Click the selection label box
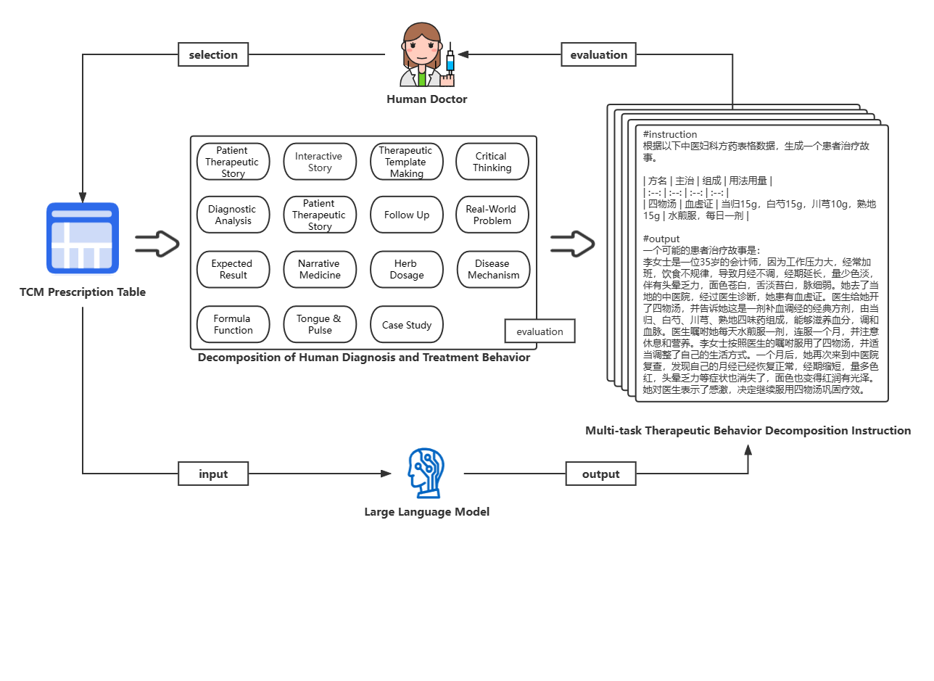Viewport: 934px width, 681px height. pyautogui.click(x=213, y=54)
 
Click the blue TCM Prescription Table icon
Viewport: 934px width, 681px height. pyautogui.click(x=83, y=238)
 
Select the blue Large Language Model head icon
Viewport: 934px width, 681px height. pyautogui.click(x=426, y=473)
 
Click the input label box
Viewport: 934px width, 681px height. pyautogui.click(x=213, y=474)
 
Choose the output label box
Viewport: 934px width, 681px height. pyautogui.click(x=600, y=474)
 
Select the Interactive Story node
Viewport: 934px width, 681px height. pyautogui.click(x=320, y=162)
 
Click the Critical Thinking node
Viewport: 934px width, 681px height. pyautogui.click(x=492, y=162)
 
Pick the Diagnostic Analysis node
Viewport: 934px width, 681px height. pyautogui.click(x=233, y=215)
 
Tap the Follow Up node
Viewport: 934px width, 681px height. pyautogui.click(x=407, y=215)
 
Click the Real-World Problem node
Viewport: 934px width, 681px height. pyautogui.click(x=492, y=215)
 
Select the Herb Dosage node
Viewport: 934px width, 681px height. pyautogui.click(x=407, y=269)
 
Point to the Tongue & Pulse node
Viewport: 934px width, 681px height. pyautogui.click(x=320, y=324)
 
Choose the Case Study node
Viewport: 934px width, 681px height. pyautogui.click(x=407, y=325)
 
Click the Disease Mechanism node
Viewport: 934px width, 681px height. pyautogui.click(x=493, y=269)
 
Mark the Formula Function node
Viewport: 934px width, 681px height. pyautogui.click(x=233, y=324)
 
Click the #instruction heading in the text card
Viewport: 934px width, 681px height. pyautogui.click(x=670, y=134)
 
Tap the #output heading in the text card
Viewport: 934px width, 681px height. pyautogui.click(x=661, y=239)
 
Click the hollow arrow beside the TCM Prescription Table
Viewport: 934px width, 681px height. pyautogui.click(x=157, y=244)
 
